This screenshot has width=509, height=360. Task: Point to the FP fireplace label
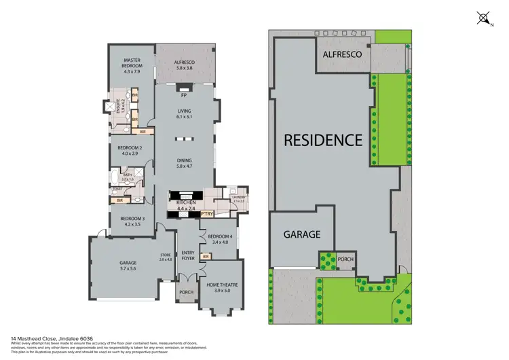(184, 95)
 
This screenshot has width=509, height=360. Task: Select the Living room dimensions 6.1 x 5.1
(185, 117)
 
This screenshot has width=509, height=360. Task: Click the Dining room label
(185, 160)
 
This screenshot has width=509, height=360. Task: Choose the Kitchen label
(186, 203)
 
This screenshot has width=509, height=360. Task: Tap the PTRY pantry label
(208, 213)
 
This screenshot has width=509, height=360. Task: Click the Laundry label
(238, 198)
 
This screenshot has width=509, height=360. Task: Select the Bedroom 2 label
(130, 147)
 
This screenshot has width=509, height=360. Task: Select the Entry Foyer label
(187, 255)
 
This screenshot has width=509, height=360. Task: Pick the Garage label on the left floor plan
(128, 263)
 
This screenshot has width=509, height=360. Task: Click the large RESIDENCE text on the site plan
(322, 141)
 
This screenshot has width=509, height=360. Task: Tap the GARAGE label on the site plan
(302, 234)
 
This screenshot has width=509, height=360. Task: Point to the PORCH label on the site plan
(345, 259)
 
